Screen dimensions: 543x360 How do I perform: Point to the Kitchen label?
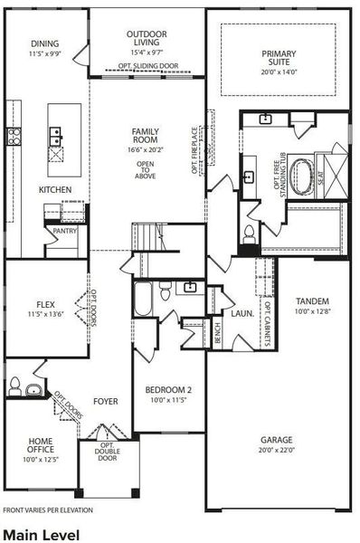click(54, 190)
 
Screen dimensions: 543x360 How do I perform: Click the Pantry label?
click(65, 231)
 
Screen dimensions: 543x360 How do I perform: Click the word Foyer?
click(107, 401)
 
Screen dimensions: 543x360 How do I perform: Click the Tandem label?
click(312, 301)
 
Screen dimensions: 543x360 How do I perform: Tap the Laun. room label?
click(241, 314)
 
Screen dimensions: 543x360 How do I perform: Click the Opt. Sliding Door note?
click(147, 67)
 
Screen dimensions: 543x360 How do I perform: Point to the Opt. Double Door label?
click(107, 452)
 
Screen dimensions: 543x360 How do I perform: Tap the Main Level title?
click(41, 534)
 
